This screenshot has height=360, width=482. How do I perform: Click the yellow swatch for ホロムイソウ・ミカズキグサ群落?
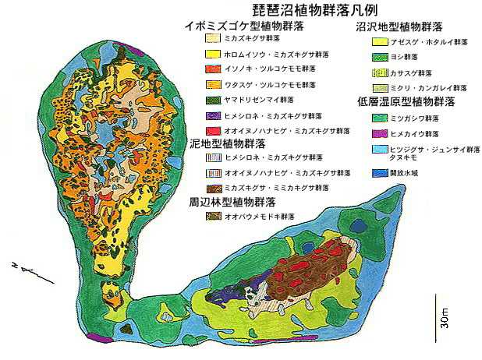pos(212,54)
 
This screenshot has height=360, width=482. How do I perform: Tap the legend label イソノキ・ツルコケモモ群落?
pos(260,69)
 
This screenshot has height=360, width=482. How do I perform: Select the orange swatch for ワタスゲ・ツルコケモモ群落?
pos(212,84)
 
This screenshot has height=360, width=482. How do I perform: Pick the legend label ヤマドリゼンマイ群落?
pos(250,100)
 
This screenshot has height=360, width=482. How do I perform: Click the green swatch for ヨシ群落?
pos(380,57)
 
